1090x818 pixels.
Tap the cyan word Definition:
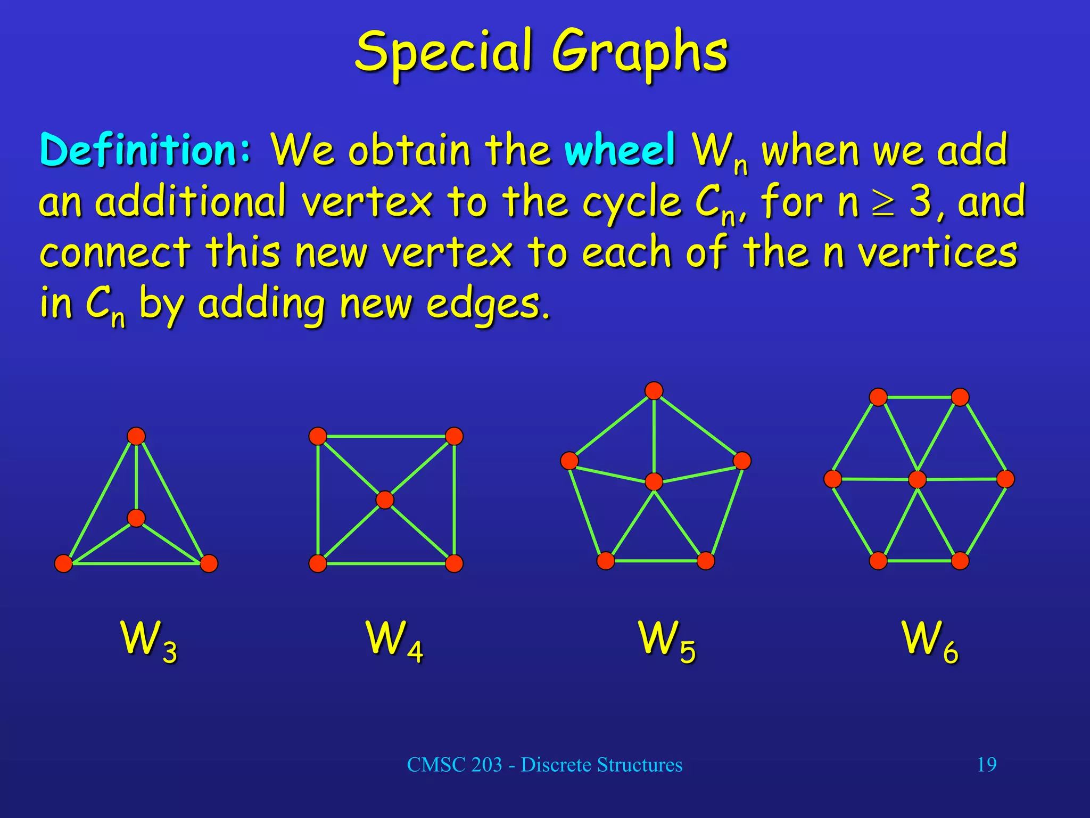click(145, 151)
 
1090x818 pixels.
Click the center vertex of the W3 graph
click(136, 518)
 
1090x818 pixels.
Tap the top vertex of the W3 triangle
click(136, 436)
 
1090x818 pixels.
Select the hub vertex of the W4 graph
click(385, 500)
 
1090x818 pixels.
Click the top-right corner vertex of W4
click(454, 436)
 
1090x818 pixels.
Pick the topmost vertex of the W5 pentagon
click(654, 391)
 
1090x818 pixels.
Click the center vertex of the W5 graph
click(654, 481)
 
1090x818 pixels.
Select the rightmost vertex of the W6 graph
click(1005, 479)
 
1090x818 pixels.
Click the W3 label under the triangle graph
click(149, 641)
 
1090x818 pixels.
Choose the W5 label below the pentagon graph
click(667, 641)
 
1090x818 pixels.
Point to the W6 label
click(929, 641)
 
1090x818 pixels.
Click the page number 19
click(987, 765)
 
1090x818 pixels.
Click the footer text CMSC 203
click(454, 765)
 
